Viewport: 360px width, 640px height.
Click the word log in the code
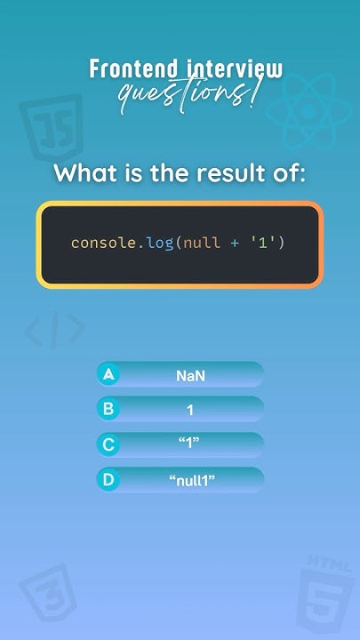(160, 243)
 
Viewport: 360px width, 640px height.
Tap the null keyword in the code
(199, 243)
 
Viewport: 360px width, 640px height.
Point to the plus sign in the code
(235, 243)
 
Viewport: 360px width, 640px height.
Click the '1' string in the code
(263, 243)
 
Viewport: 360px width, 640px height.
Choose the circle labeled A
(108, 374)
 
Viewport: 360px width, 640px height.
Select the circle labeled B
(108, 409)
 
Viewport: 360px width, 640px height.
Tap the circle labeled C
(108, 444)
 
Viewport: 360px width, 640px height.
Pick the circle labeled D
(108, 480)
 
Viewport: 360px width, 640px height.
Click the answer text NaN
(190, 375)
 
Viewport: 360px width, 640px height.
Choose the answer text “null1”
(192, 481)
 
